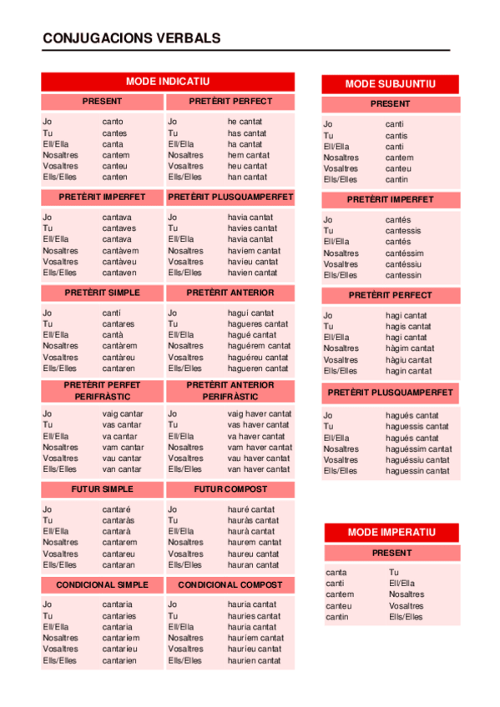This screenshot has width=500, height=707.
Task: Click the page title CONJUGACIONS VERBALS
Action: point(131,38)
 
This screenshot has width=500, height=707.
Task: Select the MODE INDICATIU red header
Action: point(168,82)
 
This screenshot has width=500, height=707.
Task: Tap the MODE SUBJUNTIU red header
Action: point(390,84)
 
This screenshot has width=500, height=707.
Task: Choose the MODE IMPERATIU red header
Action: point(391,532)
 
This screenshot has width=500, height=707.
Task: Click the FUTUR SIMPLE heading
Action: point(103,489)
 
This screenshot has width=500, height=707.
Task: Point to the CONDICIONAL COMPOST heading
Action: point(230,585)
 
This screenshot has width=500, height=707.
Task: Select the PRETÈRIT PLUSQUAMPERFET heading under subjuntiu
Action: point(391,392)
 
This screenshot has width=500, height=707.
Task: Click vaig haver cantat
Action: point(260,414)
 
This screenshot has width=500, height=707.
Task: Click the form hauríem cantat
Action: point(255,638)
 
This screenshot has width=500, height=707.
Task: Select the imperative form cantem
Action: point(339,594)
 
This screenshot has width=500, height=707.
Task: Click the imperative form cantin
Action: point(337,617)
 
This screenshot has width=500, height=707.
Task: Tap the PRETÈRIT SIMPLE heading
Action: point(103,293)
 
